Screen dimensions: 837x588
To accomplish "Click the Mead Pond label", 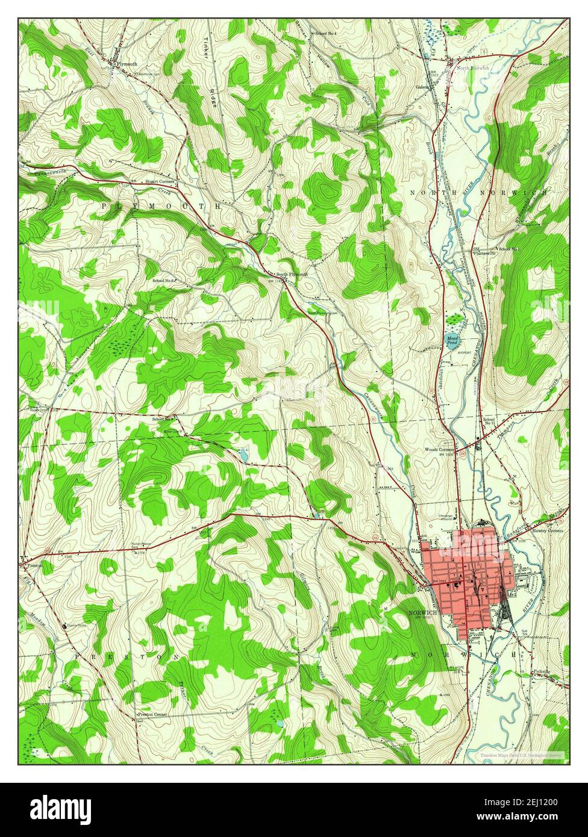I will coord(452,341).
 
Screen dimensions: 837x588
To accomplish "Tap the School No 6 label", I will coord(163,281).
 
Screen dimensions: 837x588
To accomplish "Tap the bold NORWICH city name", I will coord(422,612).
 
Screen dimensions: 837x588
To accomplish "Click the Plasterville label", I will coord(484,254).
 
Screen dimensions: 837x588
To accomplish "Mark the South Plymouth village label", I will coord(292,275).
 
